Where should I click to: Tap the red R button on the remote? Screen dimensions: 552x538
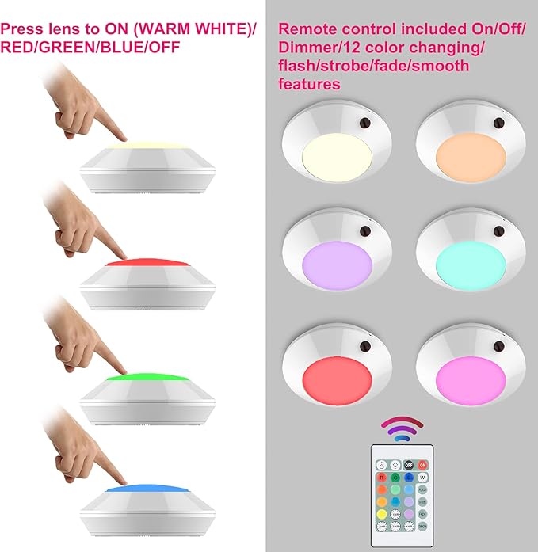(382, 478)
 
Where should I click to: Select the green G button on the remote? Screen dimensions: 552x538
(395, 478)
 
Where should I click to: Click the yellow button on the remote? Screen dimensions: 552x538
(382, 513)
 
